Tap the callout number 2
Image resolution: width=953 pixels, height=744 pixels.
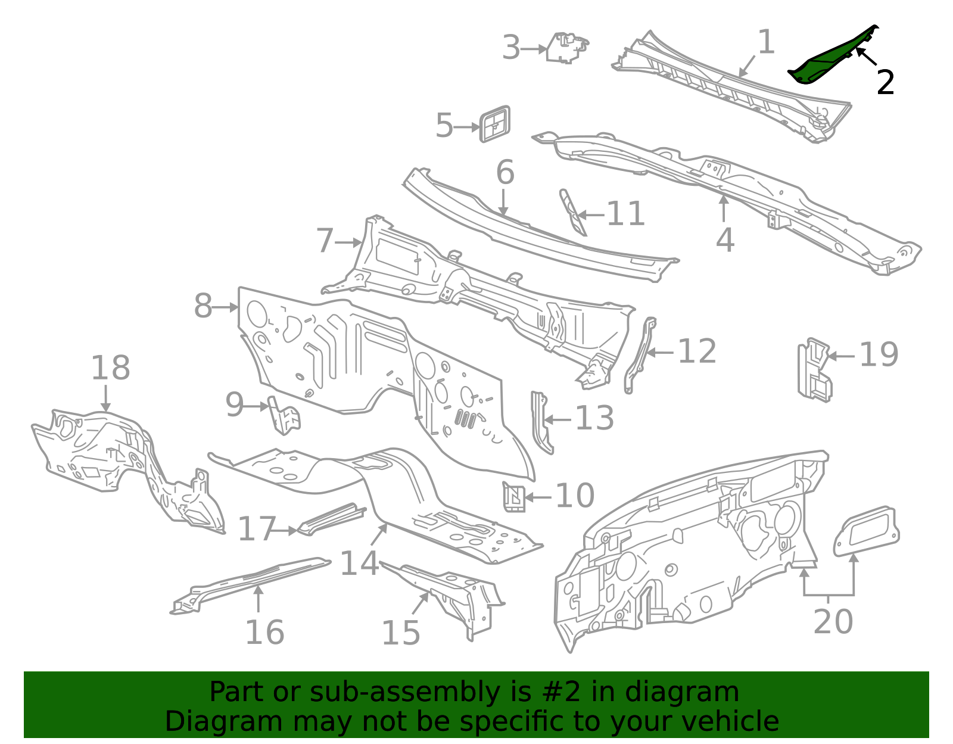(x=885, y=82)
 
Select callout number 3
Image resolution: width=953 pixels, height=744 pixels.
(x=511, y=48)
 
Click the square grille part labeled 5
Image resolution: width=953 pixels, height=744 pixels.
(x=495, y=124)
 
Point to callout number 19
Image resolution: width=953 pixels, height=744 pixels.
(x=879, y=355)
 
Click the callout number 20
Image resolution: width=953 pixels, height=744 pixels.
(x=833, y=621)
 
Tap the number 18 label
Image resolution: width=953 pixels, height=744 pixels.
(x=110, y=368)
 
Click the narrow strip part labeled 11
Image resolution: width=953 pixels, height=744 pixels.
(x=572, y=213)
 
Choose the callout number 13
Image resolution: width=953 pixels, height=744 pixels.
(x=594, y=418)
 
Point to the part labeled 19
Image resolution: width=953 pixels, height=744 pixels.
(x=814, y=369)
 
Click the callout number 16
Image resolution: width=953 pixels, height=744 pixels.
(x=264, y=632)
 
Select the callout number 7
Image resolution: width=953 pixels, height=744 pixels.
(x=325, y=241)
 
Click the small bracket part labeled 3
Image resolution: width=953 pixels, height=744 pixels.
(x=567, y=48)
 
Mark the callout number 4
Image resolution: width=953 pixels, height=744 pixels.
(x=724, y=240)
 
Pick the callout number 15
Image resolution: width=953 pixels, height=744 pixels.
(x=400, y=633)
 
